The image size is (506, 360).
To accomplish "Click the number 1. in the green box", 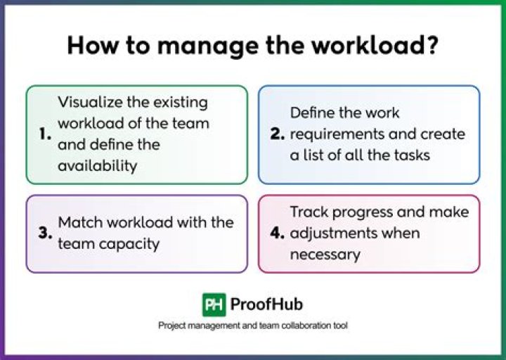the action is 45,134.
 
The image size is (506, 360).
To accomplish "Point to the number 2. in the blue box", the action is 278,134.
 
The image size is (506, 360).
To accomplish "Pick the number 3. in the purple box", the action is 45,233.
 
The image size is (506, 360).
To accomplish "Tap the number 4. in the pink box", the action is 278,233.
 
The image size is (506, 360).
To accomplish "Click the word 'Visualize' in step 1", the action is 90,103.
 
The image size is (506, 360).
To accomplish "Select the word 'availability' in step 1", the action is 98,166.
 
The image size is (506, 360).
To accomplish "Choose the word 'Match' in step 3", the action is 80,222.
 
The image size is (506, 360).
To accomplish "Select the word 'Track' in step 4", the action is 309,212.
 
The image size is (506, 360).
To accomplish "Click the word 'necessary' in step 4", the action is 325,255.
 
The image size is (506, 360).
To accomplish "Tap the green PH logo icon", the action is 214,304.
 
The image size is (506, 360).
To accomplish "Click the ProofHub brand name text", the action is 266,304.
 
